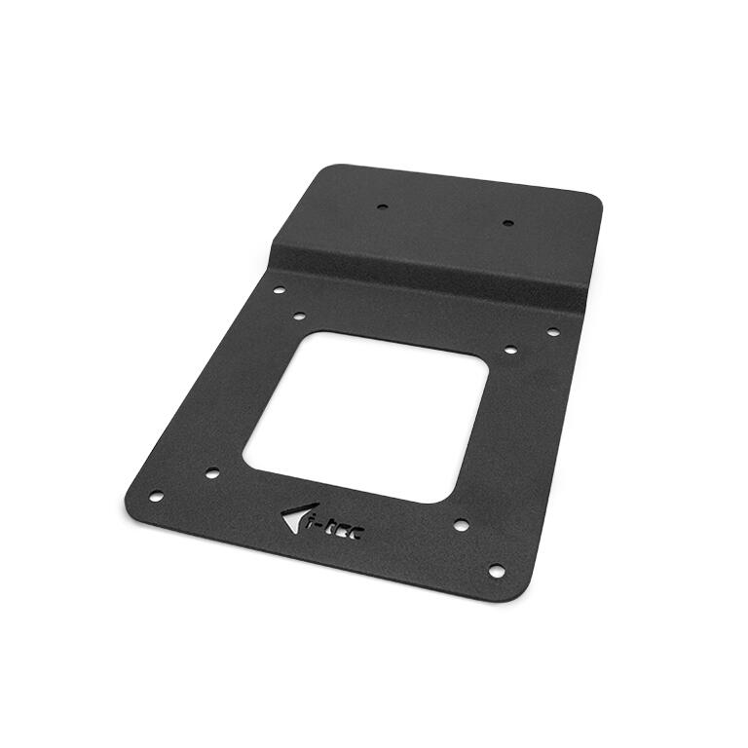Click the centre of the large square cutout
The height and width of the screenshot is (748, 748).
coord(365,417)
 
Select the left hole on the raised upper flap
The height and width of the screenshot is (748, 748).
coord(382,206)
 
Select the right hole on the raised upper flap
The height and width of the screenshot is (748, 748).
coord(507,223)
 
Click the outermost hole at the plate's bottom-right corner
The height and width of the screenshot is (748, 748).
coord(496,570)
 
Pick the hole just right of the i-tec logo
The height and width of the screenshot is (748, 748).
coord(461,524)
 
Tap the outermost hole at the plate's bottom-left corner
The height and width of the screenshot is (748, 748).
coord(155,496)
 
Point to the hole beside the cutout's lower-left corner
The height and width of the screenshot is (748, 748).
coord(212,473)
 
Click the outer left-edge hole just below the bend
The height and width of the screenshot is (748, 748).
coord(279,289)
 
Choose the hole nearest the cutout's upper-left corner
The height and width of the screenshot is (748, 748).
coord(299,316)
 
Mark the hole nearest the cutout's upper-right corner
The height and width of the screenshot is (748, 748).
coord(510,349)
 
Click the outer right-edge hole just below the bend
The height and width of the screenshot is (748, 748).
coord(552,332)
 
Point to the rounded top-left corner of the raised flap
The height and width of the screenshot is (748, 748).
coord(327,171)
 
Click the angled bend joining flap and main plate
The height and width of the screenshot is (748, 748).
coord(429,269)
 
